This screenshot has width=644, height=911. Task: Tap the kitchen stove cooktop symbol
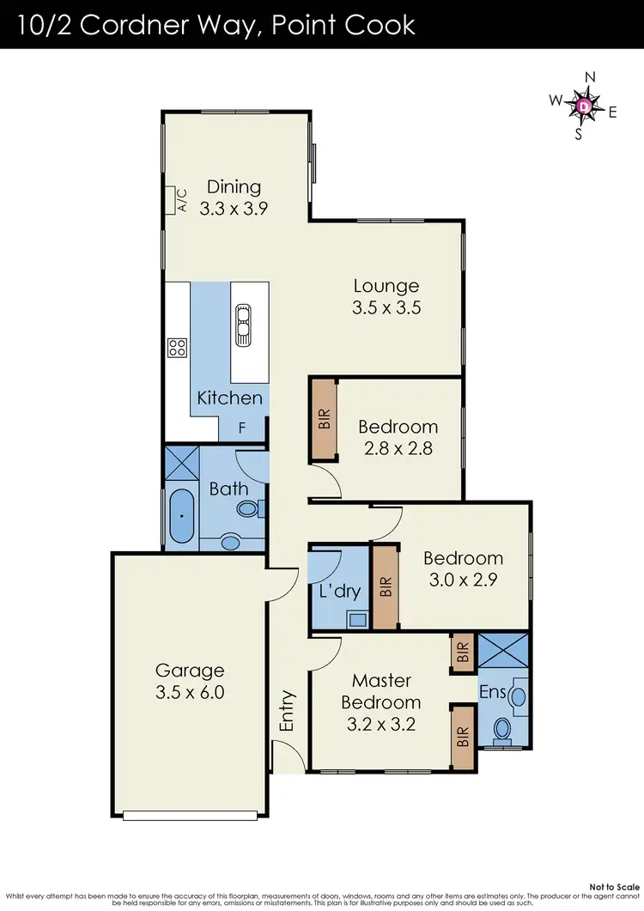click(x=178, y=347)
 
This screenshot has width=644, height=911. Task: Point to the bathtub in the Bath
click(x=182, y=517)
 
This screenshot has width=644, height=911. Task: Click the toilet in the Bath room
click(x=250, y=510)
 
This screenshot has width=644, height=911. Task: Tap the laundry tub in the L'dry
click(x=356, y=616)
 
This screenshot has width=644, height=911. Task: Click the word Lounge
click(x=386, y=286)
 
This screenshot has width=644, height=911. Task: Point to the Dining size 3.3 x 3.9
click(x=230, y=207)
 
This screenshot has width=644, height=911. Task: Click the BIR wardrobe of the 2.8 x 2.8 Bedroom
click(x=324, y=419)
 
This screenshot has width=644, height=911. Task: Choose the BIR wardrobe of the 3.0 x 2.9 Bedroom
click(x=386, y=586)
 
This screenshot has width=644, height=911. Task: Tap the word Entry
click(x=288, y=711)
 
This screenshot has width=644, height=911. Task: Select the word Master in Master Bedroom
click(x=382, y=680)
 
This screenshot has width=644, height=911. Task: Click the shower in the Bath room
click(x=181, y=465)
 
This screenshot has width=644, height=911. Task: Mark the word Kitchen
click(x=230, y=398)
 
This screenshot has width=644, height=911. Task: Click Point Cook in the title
click(x=343, y=24)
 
